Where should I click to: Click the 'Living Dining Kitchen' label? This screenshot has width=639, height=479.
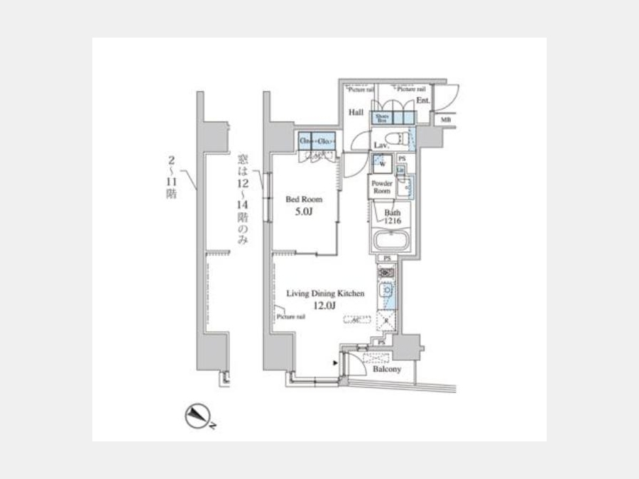[x=325, y=292]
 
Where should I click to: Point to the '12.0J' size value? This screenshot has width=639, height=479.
[x=325, y=305]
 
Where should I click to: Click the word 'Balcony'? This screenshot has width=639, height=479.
[x=386, y=369]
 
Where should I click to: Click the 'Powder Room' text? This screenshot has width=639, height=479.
[x=383, y=187]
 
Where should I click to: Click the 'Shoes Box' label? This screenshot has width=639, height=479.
[x=381, y=118]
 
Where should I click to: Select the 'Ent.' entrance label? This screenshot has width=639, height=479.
[x=423, y=101]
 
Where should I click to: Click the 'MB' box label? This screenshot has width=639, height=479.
[x=446, y=120]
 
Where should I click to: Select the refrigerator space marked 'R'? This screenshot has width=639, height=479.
[x=386, y=320]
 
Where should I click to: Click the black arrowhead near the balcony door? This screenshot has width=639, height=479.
[x=334, y=363]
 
